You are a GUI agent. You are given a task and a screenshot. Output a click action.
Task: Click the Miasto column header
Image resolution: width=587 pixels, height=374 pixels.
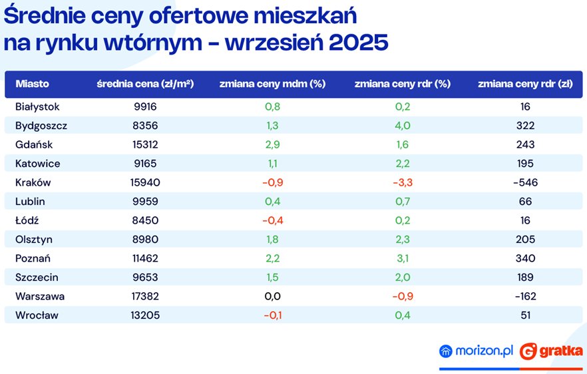click(33, 85)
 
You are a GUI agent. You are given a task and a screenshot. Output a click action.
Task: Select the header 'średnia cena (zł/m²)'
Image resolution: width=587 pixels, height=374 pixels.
click(145, 85)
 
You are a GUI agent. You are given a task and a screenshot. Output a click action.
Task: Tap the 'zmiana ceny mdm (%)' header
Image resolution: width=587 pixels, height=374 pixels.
click(272, 85)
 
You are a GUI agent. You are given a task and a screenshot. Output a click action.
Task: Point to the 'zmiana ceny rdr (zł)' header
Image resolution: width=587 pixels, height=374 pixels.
click(525, 85)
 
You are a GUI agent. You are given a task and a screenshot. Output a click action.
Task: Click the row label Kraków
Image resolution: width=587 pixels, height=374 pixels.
click(33, 182)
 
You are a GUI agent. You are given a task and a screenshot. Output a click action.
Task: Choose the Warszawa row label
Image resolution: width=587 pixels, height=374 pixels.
click(40, 296)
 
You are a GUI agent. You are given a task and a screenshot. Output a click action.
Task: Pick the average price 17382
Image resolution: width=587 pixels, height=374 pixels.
click(145, 296)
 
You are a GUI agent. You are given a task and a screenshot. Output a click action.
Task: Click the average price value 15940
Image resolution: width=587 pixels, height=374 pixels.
click(145, 182)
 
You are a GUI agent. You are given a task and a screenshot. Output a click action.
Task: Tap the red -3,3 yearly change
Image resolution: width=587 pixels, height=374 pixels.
click(403, 182)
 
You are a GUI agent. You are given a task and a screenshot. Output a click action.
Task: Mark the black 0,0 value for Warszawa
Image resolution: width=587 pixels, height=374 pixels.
click(272, 296)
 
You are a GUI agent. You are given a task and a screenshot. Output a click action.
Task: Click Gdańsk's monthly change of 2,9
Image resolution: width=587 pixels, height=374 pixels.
click(272, 144)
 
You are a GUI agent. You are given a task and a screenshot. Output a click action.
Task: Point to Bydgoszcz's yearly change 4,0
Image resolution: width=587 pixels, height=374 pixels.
click(403, 125)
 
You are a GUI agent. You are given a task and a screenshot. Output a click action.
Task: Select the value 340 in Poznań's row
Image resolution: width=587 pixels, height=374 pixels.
click(525, 258)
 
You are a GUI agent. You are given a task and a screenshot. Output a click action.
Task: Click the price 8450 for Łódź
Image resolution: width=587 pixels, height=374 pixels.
click(145, 220)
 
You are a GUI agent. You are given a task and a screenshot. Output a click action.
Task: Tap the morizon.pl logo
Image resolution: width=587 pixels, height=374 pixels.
click(476, 351)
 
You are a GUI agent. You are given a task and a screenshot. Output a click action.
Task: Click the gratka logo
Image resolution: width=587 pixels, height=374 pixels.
click(551, 351)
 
